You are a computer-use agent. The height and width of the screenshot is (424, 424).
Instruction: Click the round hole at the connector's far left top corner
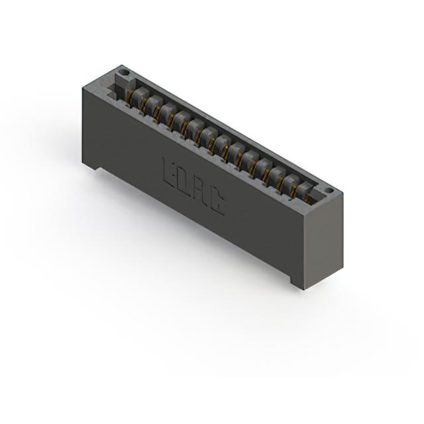(124, 72)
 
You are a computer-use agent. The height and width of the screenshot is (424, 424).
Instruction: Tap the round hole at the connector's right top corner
(330, 191)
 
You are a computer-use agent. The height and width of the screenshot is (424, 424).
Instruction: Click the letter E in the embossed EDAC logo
(168, 172)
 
